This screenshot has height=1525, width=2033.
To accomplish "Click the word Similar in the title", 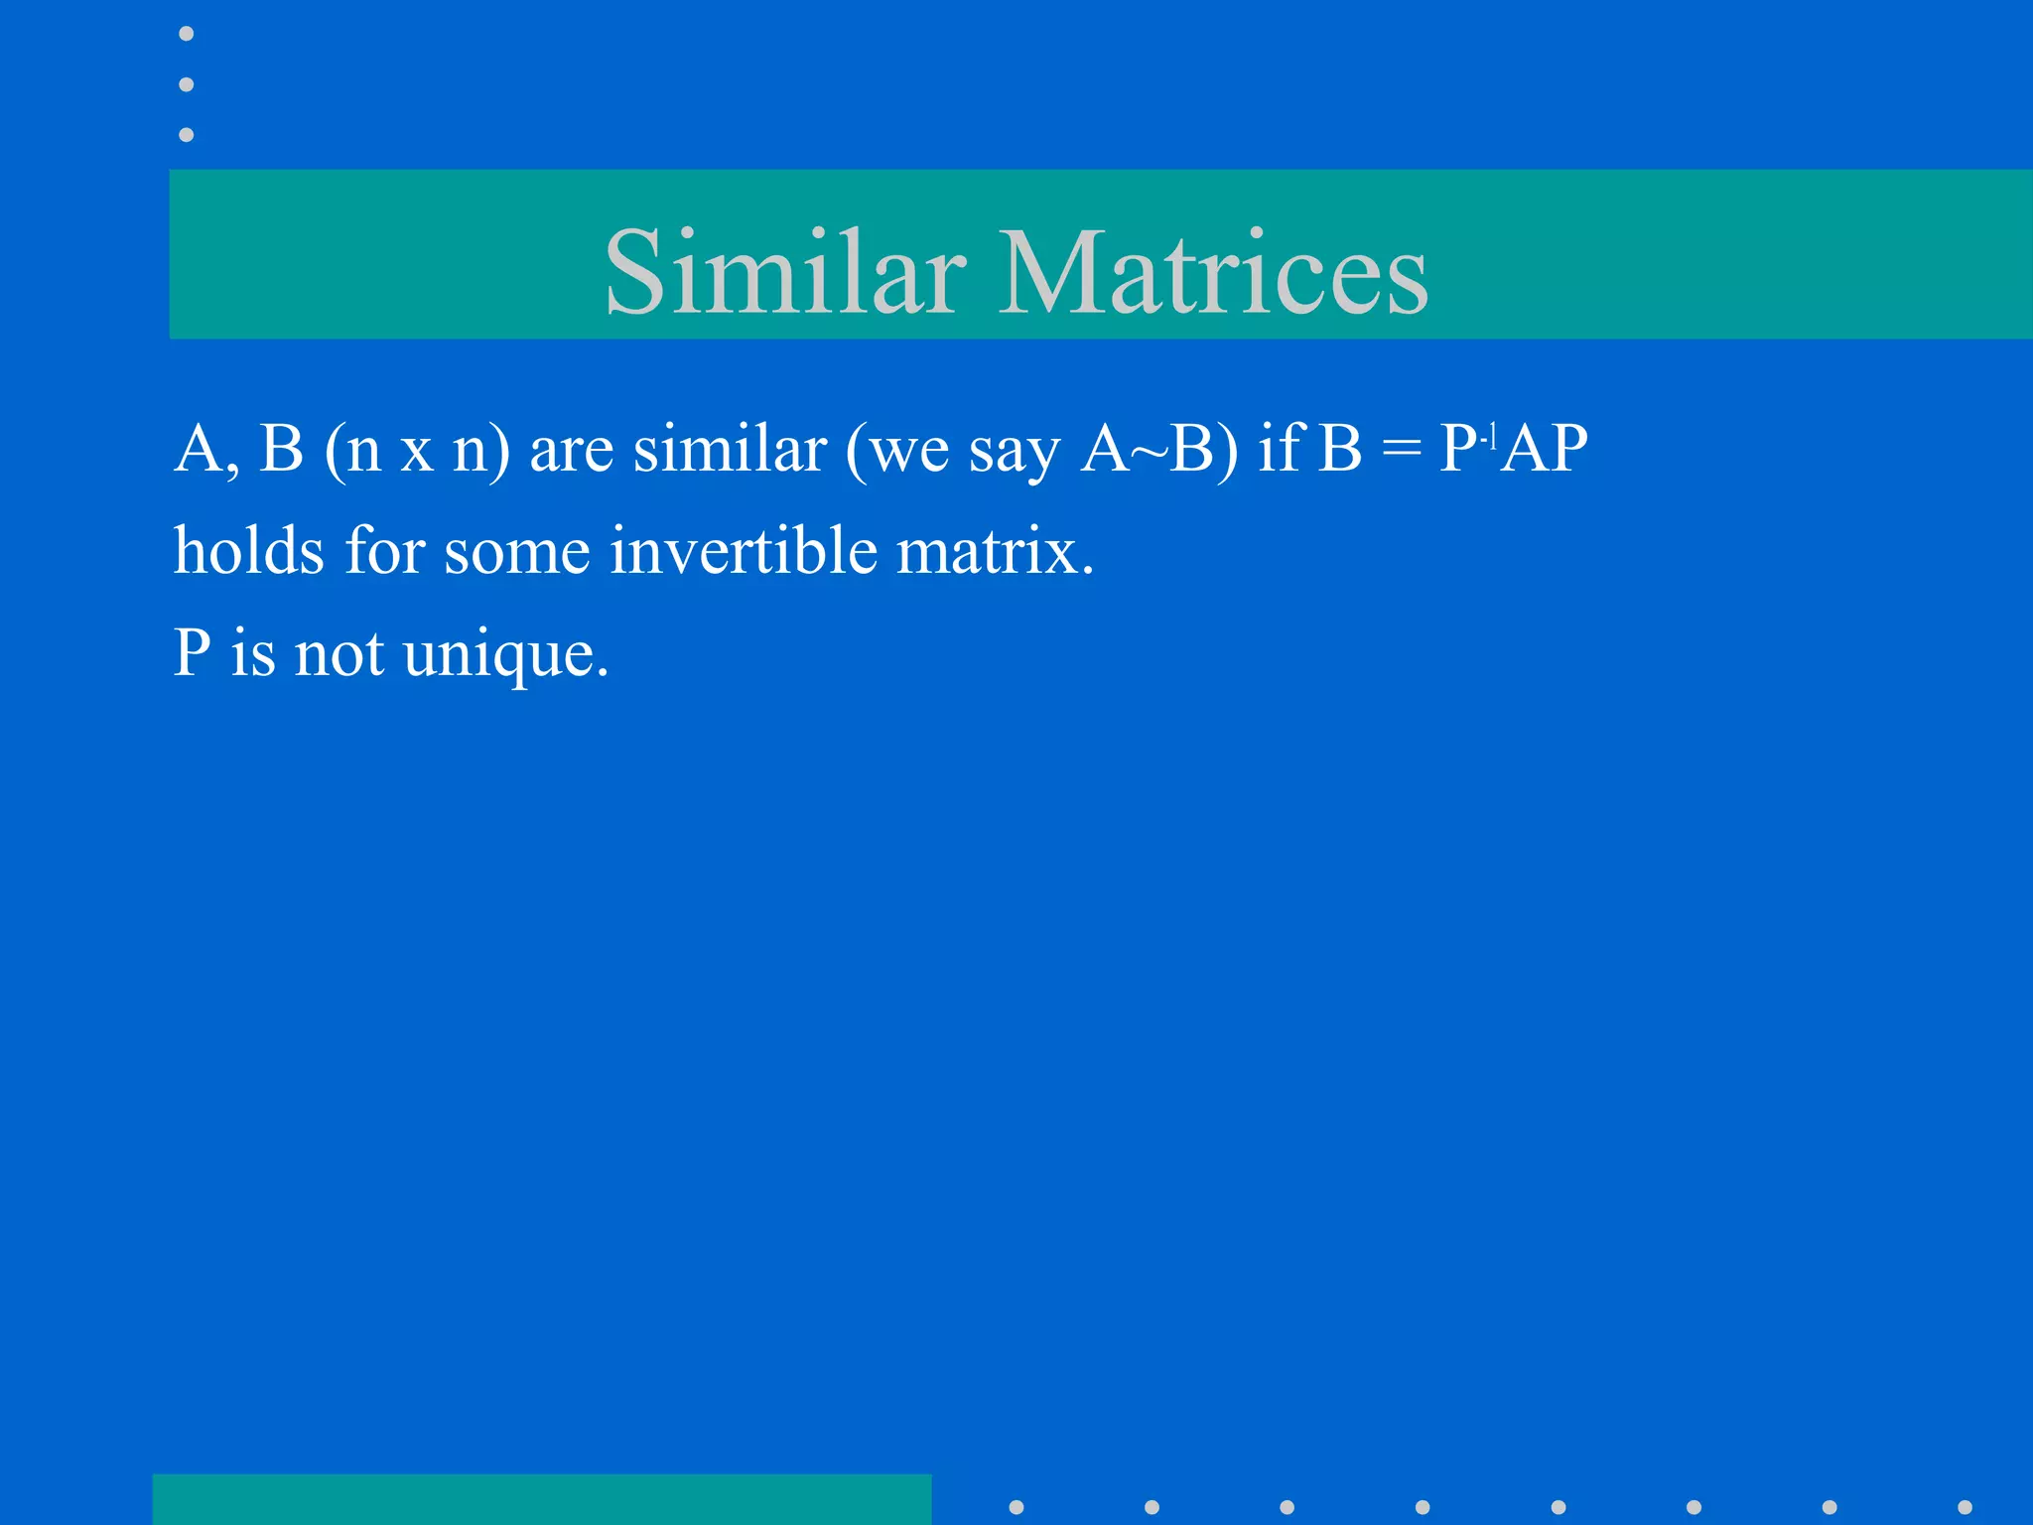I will [785, 272].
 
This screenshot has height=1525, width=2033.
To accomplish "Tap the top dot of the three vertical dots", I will [186, 34].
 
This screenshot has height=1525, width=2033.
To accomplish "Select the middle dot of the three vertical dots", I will [186, 84].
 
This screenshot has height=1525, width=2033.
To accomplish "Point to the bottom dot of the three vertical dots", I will [186, 134].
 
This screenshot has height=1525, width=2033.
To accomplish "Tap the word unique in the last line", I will [506, 655].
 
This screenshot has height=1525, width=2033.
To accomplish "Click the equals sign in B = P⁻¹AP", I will [1401, 449].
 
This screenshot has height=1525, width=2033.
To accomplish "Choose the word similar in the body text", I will [730, 449].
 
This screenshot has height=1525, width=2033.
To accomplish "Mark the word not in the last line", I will [339, 655].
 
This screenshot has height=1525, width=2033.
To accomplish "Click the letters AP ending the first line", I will [1544, 449].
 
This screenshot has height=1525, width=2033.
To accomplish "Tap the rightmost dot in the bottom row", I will [1965, 1507].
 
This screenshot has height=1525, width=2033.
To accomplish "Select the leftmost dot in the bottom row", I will [1016, 1507].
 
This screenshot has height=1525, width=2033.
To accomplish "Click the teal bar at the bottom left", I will [542, 1499].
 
